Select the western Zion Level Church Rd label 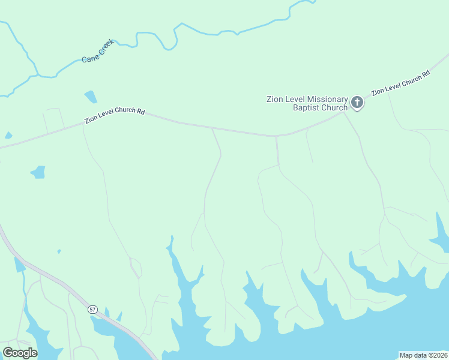coord(115,115)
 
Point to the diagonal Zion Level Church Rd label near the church coord(400,83)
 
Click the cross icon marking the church coord(357,103)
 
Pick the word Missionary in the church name coord(327,99)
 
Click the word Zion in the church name coord(275,99)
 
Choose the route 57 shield coord(92,309)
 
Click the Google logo coord(20,353)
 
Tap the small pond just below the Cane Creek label coord(91,96)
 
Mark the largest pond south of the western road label coord(38,172)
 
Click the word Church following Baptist coord(334,108)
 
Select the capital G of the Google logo coord(8,353)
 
